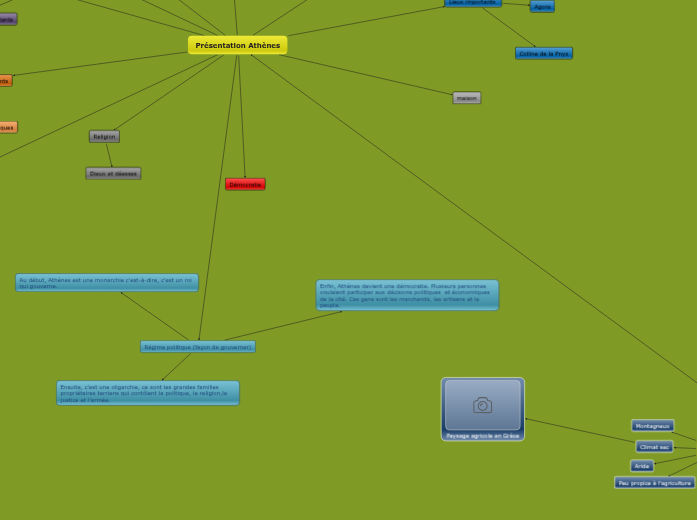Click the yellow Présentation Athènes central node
pyautogui.click(x=237, y=45)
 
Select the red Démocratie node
pyautogui.click(x=245, y=184)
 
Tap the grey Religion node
pyautogui.click(x=104, y=136)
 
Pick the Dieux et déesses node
pyautogui.click(x=113, y=173)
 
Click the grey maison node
pyautogui.click(x=466, y=98)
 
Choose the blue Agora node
pyautogui.click(x=542, y=7)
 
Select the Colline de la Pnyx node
pyautogui.click(x=544, y=53)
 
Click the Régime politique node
pyautogui.click(x=198, y=347)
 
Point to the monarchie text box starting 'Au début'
pyautogui.click(x=106, y=282)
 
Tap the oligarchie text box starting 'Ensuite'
pyautogui.click(x=148, y=392)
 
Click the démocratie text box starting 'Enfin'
pyautogui.click(x=407, y=295)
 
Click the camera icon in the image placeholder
pyautogui.click(x=483, y=405)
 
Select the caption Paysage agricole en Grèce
pyautogui.click(x=483, y=436)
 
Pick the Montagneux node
pyautogui.click(x=652, y=426)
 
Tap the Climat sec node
pyautogui.click(x=653, y=447)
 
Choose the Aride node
pyautogui.click(x=642, y=466)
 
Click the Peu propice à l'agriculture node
pyautogui.click(x=654, y=483)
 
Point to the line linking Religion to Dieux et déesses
pyautogui.click(x=109, y=155)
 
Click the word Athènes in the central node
pyautogui.click(x=264, y=45)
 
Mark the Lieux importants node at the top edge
pyautogui.click(x=473, y=3)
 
